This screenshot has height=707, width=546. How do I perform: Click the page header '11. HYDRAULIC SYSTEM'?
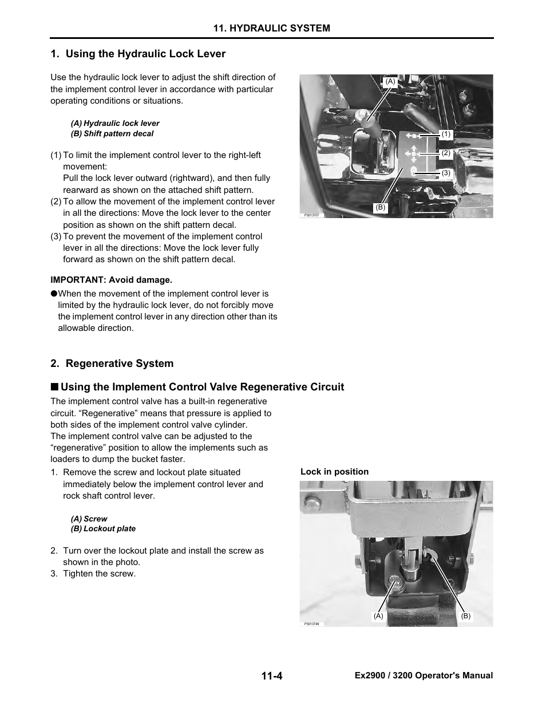[x=271, y=28]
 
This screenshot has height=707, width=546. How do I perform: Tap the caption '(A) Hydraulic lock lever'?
[x=115, y=123]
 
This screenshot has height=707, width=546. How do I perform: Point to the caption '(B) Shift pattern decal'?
[x=112, y=133]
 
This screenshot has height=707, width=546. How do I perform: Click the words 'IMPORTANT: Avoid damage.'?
[x=111, y=280]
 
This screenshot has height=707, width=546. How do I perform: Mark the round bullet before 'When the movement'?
[x=54, y=294]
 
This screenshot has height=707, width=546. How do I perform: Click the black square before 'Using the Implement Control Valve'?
[x=54, y=387]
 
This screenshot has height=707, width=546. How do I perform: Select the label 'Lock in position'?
[x=334, y=472]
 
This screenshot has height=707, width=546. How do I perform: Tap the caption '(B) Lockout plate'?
[x=103, y=528]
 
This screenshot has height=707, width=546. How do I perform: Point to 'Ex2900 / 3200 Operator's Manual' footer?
[x=424, y=676]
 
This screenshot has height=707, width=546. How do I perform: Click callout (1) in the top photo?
[x=446, y=134]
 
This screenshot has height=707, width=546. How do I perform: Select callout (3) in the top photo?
[x=446, y=172]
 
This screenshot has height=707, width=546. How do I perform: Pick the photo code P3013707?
[x=311, y=215]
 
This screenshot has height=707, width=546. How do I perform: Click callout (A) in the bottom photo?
[x=378, y=616]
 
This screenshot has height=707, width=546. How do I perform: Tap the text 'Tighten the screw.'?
[x=99, y=574]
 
